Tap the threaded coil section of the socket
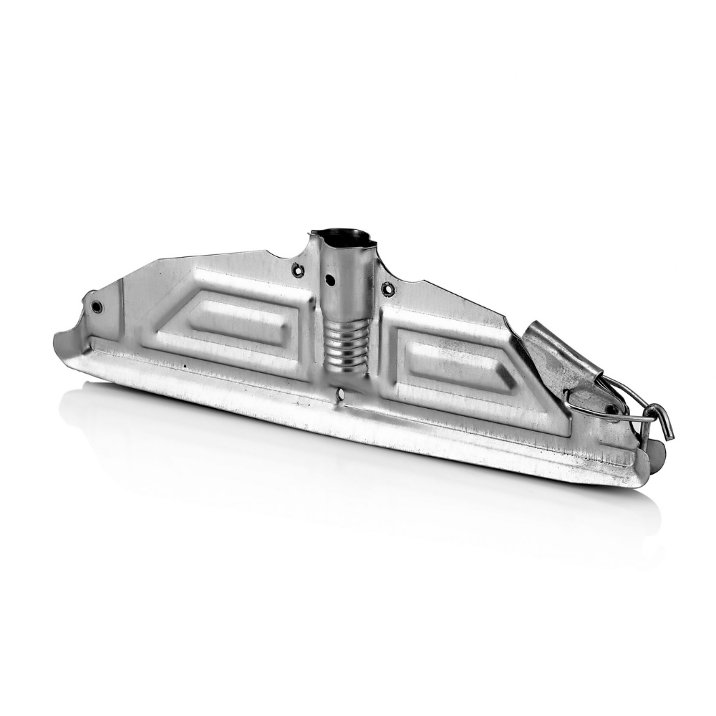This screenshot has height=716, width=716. pyautogui.click(x=347, y=346)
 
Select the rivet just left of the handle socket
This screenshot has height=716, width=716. pyautogui.click(x=298, y=270)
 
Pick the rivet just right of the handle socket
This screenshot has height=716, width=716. pyautogui.click(x=388, y=289)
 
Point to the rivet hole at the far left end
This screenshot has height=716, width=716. pyautogui.click(x=97, y=306)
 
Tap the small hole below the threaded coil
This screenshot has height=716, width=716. pyautogui.click(x=342, y=394)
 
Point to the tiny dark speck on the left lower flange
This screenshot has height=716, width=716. pyautogui.click(x=185, y=364)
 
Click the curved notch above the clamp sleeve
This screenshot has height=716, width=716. pyautogui.click(x=513, y=326)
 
